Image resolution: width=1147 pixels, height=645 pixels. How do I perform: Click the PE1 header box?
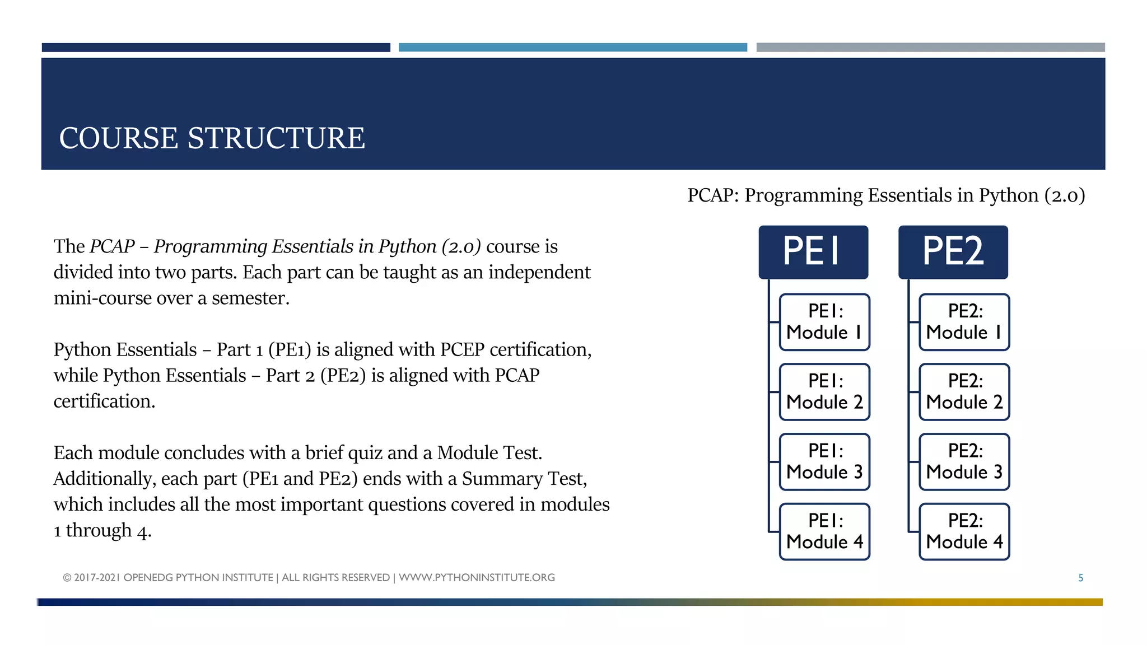click(x=813, y=252)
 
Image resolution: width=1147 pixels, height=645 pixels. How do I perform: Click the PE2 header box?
click(x=953, y=252)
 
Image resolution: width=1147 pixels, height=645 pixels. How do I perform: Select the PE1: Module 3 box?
click(x=824, y=462)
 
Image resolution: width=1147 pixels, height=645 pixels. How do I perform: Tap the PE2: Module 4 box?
click(x=964, y=531)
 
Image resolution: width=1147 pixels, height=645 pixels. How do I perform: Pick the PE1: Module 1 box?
click(x=824, y=322)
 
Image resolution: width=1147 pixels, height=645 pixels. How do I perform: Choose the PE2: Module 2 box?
click(x=964, y=392)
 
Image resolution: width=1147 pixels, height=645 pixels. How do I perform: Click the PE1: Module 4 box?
click(x=824, y=531)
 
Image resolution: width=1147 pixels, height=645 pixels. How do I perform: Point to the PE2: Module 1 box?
click(x=964, y=322)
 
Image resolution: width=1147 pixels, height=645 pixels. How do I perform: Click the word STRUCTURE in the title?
click(x=276, y=138)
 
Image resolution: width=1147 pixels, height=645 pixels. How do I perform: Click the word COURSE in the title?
click(x=119, y=138)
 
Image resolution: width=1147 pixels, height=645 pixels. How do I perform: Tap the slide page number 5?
click(x=1080, y=578)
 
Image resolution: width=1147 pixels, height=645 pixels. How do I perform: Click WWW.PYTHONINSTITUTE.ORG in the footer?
click(x=477, y=577)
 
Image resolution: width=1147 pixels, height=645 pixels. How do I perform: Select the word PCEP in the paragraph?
click(x=462, y=349)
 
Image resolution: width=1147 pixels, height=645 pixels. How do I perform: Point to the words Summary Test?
click(x=524, y=479)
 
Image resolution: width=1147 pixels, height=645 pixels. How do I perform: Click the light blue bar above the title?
click(x=572, y=48)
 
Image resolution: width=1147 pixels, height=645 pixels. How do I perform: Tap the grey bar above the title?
click(x=930, y=48)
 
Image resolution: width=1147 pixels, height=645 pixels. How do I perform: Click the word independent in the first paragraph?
click(x=539, y=272)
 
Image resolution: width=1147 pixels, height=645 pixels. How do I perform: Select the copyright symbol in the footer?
click(x=67, y=578)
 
